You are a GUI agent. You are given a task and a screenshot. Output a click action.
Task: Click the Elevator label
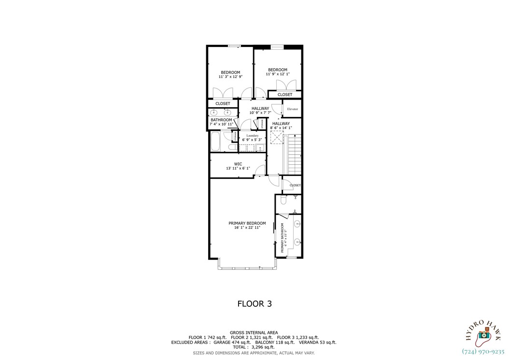coord(292,109)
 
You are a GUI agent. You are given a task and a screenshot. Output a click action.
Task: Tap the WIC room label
coord(238,164)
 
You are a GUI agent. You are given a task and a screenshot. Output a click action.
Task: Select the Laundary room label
coord(252,136)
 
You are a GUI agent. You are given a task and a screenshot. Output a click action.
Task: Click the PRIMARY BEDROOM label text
coord(247,223)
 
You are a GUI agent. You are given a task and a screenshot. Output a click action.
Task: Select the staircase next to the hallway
coord(294,155)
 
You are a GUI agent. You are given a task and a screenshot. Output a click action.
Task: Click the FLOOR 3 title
coord(254,304)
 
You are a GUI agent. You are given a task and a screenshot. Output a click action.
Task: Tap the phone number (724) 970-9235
coord(483,352)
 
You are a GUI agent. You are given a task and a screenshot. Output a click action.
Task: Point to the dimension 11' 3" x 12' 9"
coord(230,77)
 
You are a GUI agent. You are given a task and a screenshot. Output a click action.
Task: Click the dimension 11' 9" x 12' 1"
coord(278,74)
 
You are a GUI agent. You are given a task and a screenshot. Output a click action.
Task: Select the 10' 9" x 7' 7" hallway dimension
coord(260,113)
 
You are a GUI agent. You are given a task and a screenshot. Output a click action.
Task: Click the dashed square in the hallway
coord(277,137)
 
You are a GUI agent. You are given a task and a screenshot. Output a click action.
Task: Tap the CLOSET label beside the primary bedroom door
coord(295,186)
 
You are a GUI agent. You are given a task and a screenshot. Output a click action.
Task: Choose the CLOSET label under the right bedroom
coord(285,95)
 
